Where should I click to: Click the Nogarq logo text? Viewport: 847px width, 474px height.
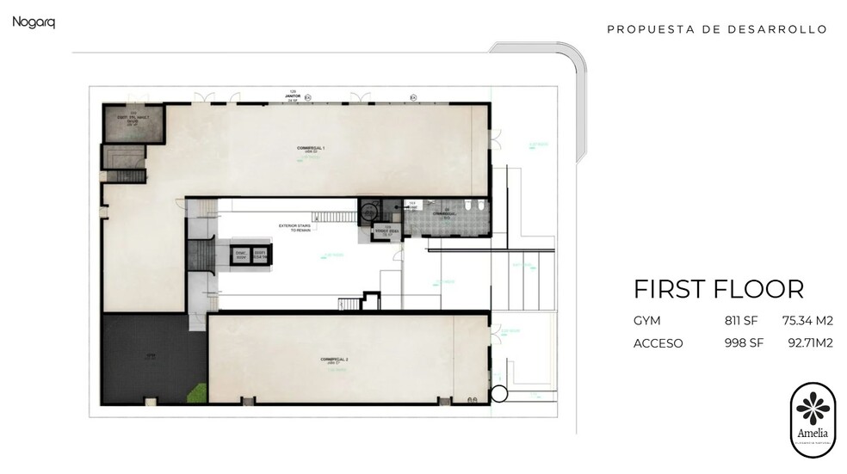pyautogui.click(x=34, y=22)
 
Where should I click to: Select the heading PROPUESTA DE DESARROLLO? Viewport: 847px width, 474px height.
pyautogui.click(x=716, y=29)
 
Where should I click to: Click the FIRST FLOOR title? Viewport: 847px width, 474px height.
pyautogui.click(x=718, y=288)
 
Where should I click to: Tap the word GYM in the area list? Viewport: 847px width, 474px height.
pyautogui.click(x=646, y=321)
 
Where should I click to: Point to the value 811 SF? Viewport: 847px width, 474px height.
pyautogui.click(x=744, y=321)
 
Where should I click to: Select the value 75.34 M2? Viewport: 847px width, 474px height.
pyautogui.click(x=807, y=321)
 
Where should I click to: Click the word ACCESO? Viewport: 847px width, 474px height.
pyautogui.click(x=658, y=343)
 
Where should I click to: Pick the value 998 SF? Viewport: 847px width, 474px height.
pyautogui.click(x=744, y=343)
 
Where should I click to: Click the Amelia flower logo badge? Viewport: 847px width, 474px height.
pyautogui.click(x=812, y=419)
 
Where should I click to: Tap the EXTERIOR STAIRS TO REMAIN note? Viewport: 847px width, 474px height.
pyautogui.click(x=294, y=228)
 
